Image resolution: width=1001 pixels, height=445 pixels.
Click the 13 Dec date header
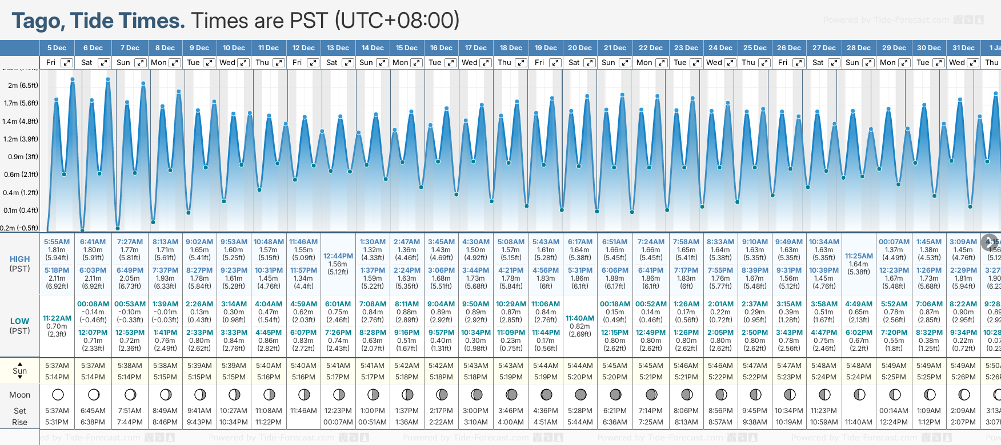point(338,48)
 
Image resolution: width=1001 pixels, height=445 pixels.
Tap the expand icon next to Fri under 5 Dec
point(67,63)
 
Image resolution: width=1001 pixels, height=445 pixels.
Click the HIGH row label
point(19,259)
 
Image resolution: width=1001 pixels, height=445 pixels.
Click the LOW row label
point(19,321)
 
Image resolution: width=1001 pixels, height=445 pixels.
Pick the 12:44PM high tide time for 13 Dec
point(338,256)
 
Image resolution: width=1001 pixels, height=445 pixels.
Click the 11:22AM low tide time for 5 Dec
point(57,318)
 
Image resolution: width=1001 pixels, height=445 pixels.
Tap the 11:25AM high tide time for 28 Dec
point(859,256)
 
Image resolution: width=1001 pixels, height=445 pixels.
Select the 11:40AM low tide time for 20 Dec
point(580,318)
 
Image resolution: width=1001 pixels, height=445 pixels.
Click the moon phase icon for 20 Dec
point(580,394)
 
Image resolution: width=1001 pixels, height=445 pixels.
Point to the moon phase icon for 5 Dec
point(57,394)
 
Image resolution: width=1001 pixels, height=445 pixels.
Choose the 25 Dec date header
point(755,48)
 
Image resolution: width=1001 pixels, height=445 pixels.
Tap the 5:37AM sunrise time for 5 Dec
point(57,366)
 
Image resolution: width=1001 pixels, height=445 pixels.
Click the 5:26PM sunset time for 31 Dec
point(963,377)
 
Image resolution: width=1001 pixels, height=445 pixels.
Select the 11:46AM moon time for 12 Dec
point(303,411)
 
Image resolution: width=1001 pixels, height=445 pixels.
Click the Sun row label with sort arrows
point(19,371)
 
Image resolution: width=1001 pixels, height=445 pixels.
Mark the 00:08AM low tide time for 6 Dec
point(93,304)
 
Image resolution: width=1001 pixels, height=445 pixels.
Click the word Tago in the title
point(38,21)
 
